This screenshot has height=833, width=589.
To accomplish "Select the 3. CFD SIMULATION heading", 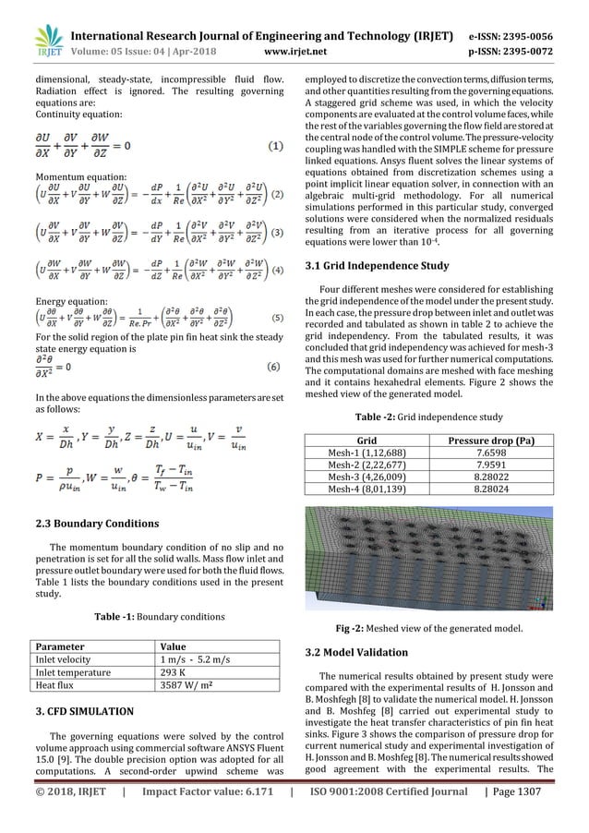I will (85, 711).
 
